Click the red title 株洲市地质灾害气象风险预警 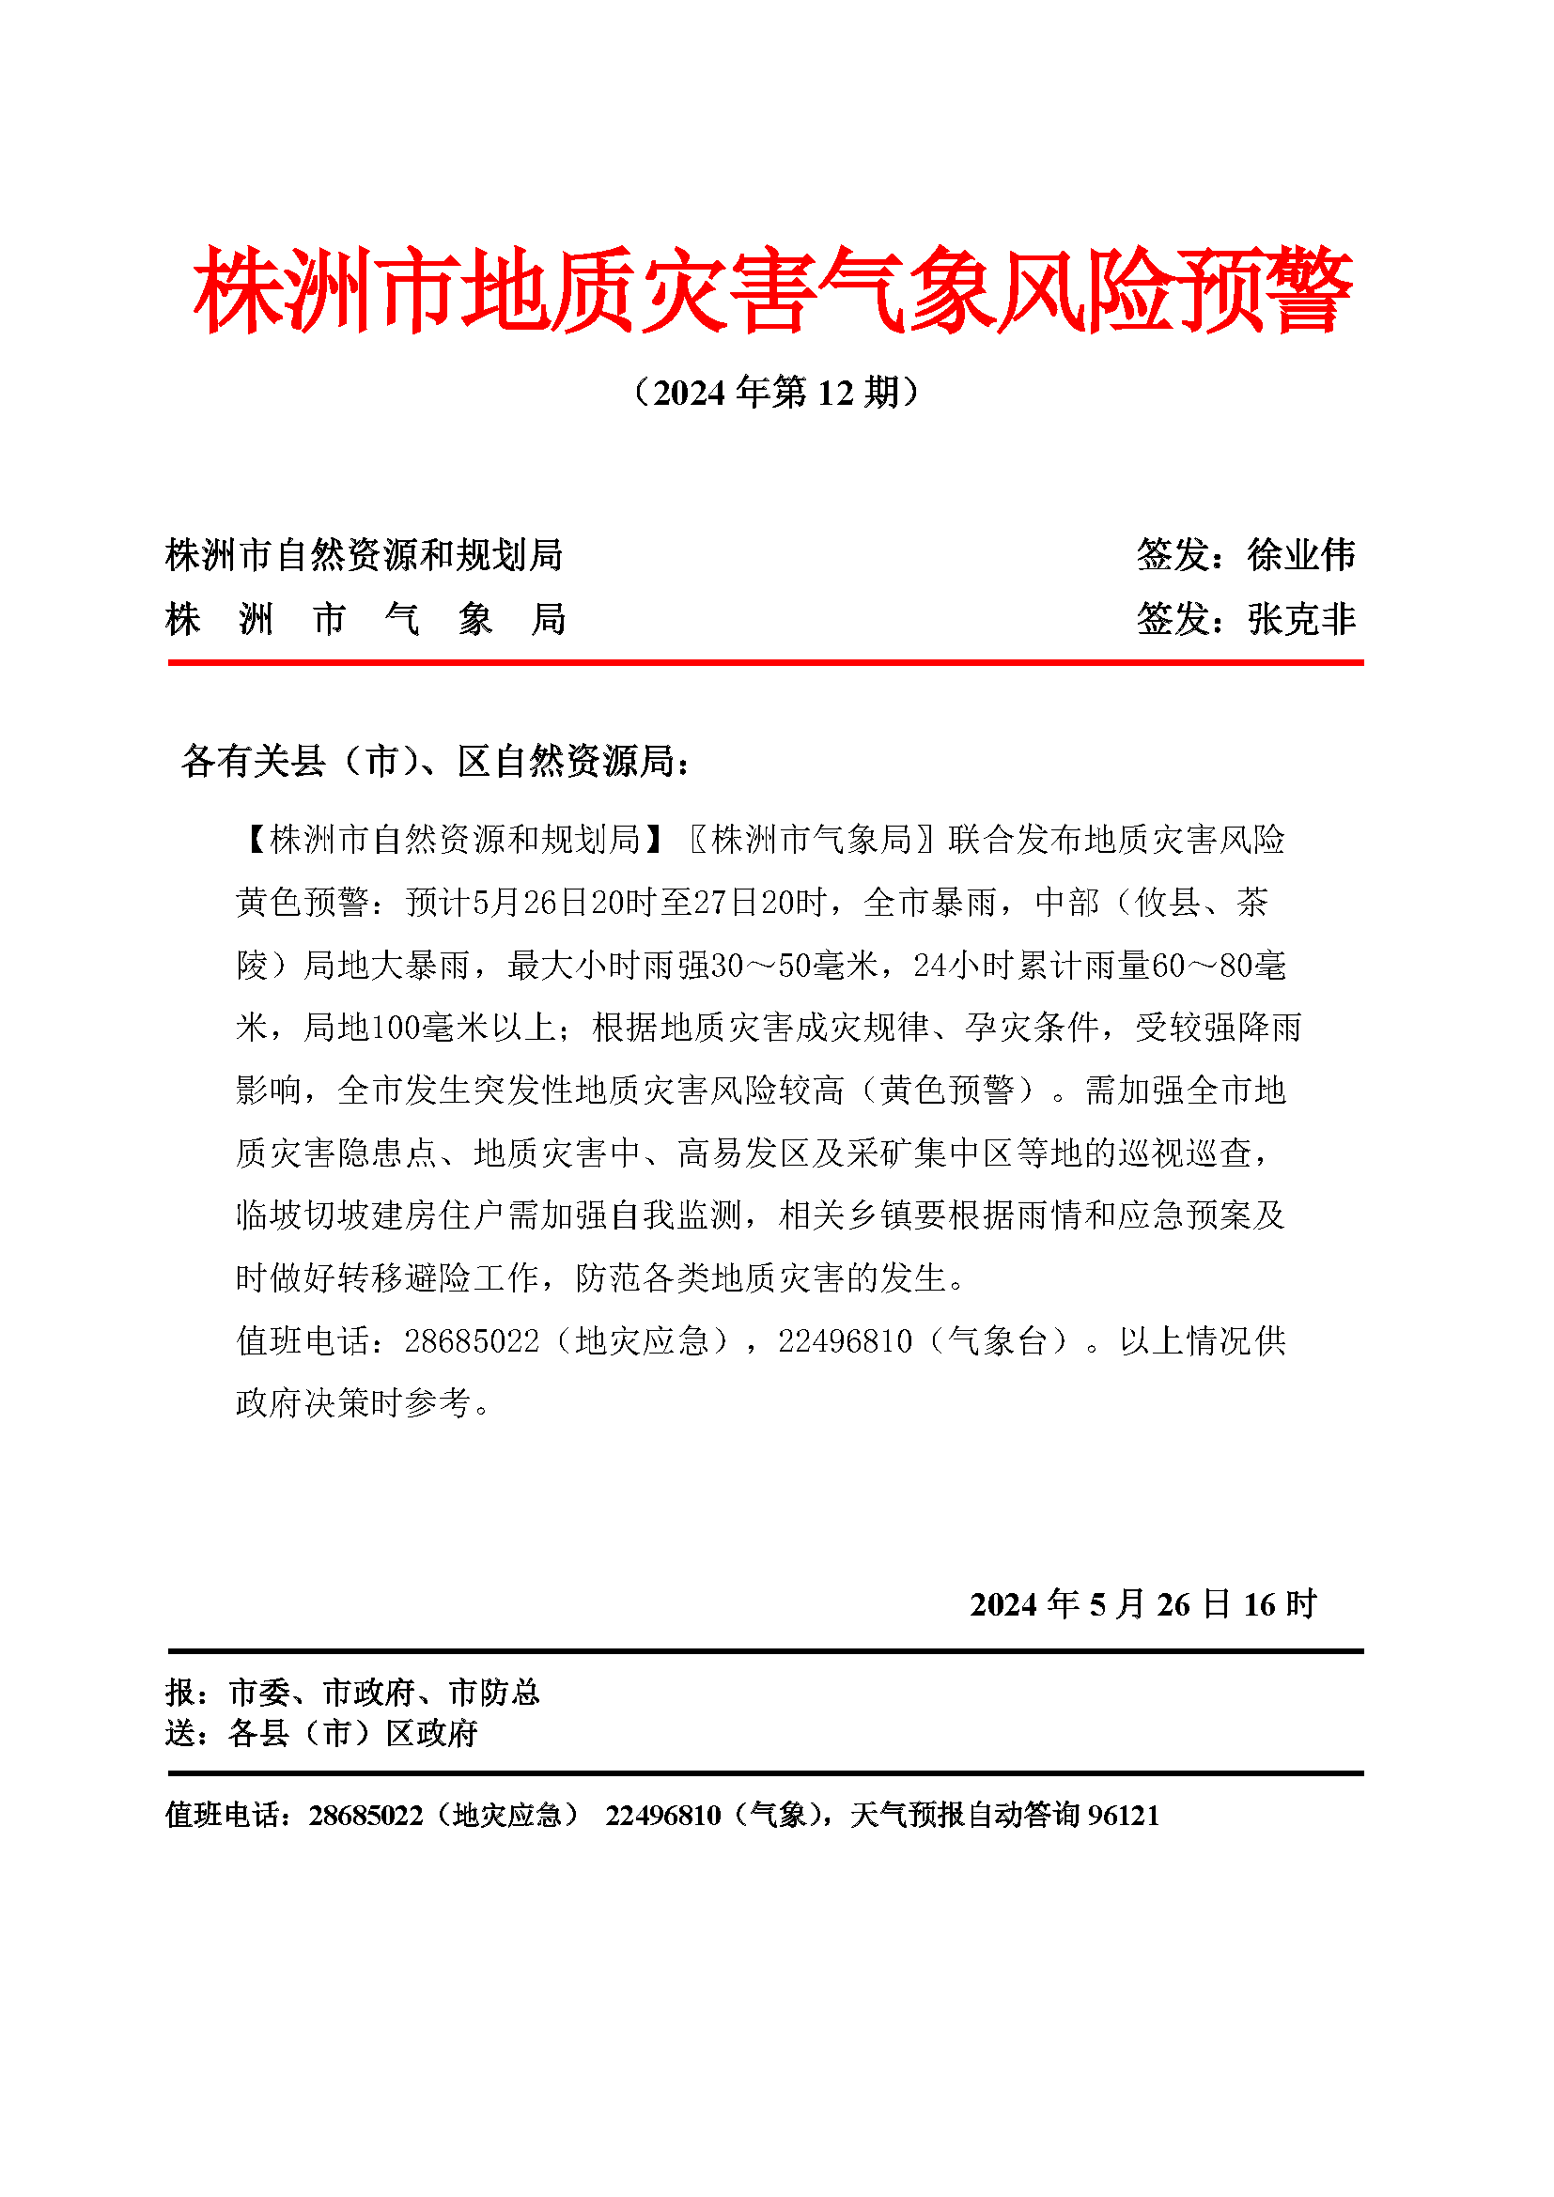(773, 290)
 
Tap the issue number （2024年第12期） (776, 393)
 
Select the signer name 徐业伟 (1301, 555)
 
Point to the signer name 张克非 (1301, 619)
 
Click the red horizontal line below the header (766, 662)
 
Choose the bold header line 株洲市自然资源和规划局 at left (364, 555)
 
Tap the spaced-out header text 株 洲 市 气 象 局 (365, 619)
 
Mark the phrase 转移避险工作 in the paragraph (422, 1278)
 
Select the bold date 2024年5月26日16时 (1143, 1604)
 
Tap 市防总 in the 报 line (495, 1693)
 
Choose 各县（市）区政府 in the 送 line (353, 1733)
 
